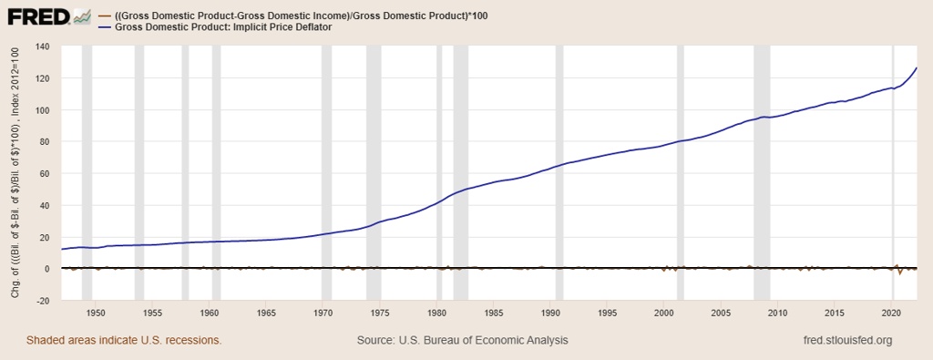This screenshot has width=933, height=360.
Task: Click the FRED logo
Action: point(50,17)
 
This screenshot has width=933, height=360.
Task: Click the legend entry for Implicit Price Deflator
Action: point(224,28)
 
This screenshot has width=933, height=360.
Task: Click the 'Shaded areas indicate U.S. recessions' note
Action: point(124,340)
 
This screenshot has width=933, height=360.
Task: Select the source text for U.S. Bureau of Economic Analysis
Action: point(463,340)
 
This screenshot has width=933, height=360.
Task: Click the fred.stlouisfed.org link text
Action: point(843,340)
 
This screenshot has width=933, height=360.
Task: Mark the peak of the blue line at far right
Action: point(917,68)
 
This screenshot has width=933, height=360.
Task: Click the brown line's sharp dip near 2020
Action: point(900,273)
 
